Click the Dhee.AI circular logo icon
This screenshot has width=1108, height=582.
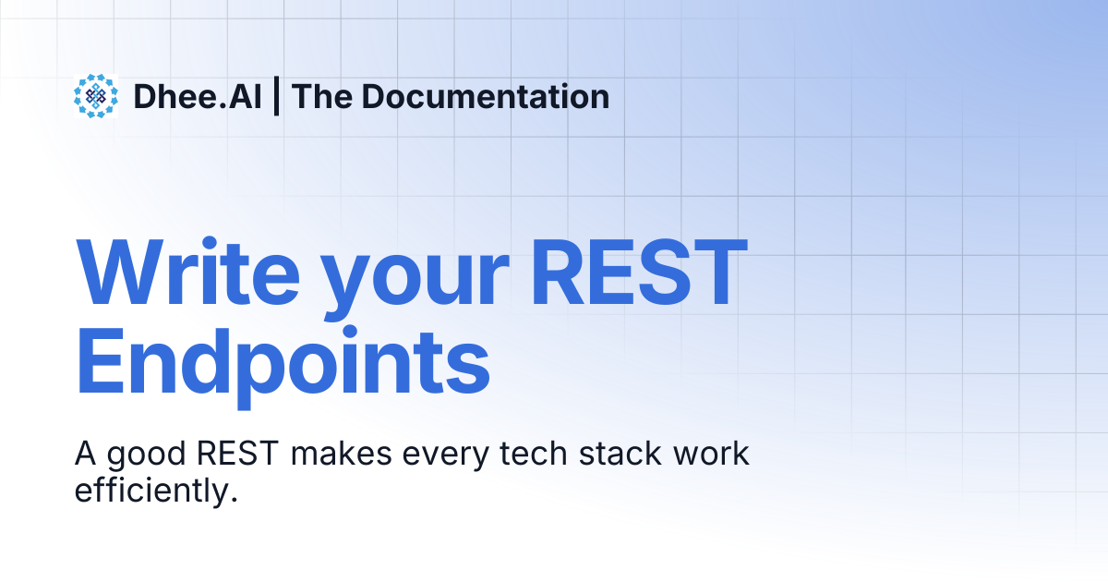[x=96, y=96]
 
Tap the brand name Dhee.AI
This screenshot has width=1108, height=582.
[x=198, y=96]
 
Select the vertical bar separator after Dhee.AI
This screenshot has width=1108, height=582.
[x=276, y=96]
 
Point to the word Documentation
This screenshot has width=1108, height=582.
[x=486, y=96]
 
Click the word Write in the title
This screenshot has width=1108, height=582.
[x=188, y=273]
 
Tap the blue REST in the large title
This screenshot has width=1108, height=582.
[x=638, y=273]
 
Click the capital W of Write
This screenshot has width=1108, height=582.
[x=120, y=273]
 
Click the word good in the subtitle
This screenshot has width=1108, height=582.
[x=147, y=456]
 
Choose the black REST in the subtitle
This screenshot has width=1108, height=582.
[x=238, y=454]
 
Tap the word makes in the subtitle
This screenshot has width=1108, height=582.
[x=342, y=454]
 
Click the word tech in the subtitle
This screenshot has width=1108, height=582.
[x=534, y=454]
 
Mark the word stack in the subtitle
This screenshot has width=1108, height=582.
[x=620, y=454]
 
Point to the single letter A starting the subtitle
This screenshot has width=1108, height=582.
[x=85, y=454]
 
